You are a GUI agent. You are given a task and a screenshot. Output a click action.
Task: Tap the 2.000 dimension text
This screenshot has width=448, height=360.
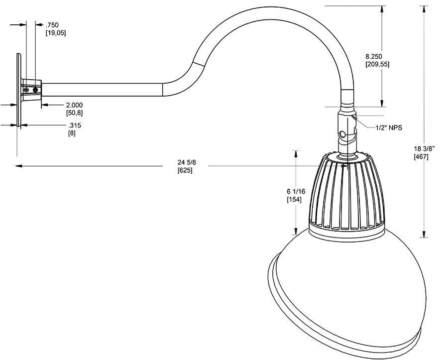pos(74,105)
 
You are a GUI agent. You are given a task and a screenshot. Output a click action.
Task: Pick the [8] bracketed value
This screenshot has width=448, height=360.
pos(72,133)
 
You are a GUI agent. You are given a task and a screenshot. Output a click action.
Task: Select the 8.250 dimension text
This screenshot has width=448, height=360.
pos(373,56)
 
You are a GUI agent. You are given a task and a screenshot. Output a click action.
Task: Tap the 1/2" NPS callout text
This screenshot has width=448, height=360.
pos(389,128)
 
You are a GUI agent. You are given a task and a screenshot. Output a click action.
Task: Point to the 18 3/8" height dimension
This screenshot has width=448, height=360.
pos(425,148)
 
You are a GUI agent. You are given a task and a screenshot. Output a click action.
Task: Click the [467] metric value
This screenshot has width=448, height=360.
pos(421,157)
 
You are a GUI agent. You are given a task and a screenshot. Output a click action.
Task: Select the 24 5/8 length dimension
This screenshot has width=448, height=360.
pos(186,162)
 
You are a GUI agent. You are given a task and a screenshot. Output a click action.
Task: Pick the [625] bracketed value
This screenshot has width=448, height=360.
pos(185,170)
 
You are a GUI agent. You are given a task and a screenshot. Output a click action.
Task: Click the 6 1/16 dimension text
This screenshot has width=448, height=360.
pos(296,191)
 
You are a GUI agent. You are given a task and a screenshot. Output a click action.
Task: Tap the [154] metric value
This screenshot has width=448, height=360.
pos(295,200)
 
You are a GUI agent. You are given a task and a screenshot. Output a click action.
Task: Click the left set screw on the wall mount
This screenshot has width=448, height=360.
pos(26,90)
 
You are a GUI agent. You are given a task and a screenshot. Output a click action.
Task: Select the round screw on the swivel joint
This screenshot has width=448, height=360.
pos(342,134)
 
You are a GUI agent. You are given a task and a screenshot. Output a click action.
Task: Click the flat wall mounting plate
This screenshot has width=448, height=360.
pos(18,90)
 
